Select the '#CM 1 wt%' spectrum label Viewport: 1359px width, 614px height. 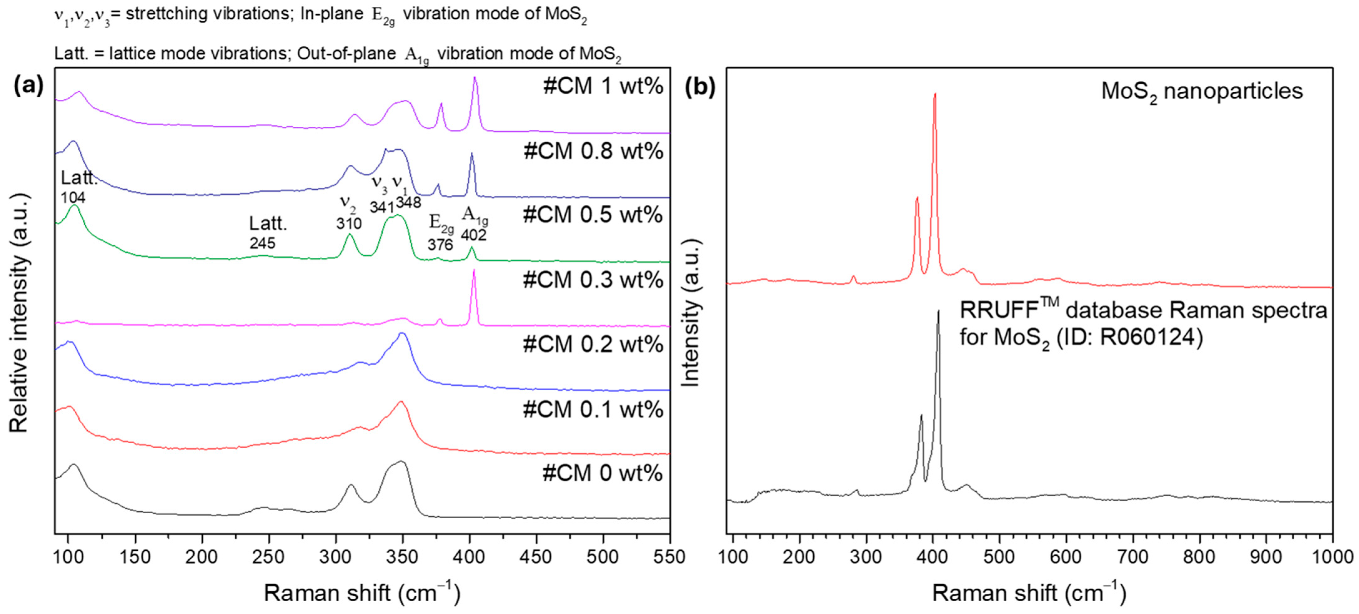(603, 86)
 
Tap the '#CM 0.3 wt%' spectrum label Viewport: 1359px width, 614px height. (593, 280)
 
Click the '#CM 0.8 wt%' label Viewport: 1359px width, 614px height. (593, 151)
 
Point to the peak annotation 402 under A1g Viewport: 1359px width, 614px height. (473, 235)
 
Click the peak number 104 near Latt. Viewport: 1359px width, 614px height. (73, 197)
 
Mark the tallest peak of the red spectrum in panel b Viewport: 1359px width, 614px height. (935, 95)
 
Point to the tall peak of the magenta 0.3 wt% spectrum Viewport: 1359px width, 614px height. (474, 271)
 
